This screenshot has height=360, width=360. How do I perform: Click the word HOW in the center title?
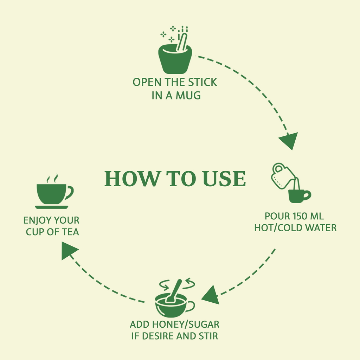[132, 179]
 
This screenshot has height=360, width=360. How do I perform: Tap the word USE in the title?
[224, 179]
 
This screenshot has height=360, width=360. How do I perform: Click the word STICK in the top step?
[202, 82]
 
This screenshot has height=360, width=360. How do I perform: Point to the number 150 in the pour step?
[298, 216]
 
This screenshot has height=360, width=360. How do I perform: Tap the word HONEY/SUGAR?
[186, 324]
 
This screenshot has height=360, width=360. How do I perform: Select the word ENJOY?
[37, 220]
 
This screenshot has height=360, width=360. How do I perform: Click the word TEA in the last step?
[70, 232]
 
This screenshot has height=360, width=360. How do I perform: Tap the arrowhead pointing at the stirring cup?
[211, 295]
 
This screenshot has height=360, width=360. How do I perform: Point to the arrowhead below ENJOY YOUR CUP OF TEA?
[69, 250]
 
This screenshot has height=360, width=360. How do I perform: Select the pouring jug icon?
[281, 176]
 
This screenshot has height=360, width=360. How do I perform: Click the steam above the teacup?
[52, 178]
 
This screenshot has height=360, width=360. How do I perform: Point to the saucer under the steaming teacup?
[52, 207]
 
